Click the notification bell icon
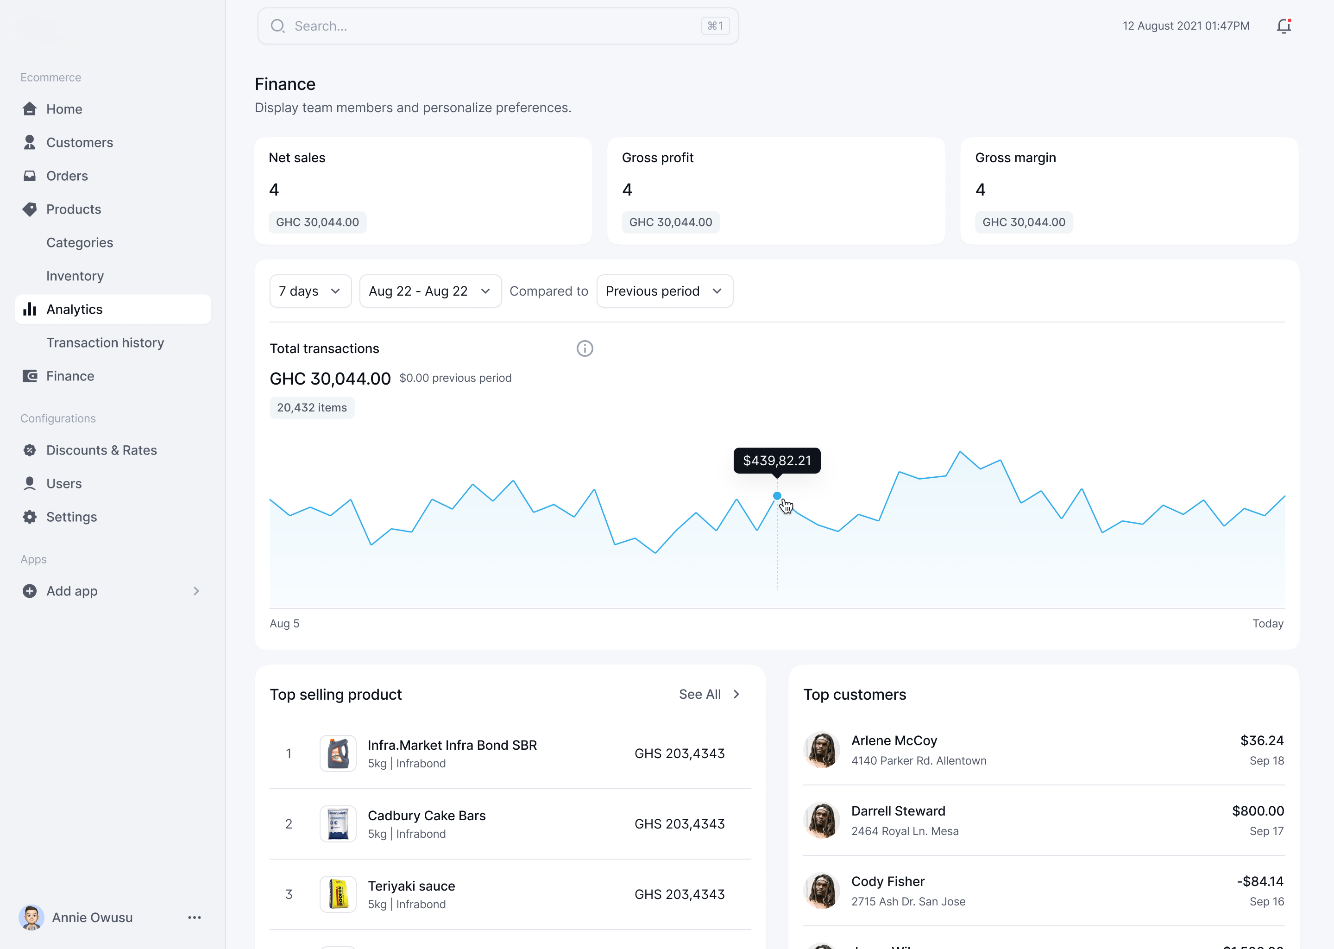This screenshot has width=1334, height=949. (1283, 26)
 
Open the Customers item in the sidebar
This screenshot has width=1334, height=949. (79, 143)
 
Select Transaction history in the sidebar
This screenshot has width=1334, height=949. (105, 343)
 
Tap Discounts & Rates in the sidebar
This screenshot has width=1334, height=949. (101, 450)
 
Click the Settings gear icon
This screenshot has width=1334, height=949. (30, 517)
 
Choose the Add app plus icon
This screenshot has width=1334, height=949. (30, 591)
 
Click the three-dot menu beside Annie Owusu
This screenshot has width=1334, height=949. (195, 917)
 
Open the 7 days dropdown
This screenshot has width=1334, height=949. (310, 291)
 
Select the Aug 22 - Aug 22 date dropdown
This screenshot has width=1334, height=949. (430, 291)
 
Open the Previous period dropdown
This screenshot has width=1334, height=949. (664, 291)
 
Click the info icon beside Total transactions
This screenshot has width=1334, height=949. (585, 349)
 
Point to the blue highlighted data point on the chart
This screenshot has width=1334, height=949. (777, 496)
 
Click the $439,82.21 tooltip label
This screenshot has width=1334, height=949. (777, 461)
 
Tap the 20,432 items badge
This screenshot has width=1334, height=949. (312, 408)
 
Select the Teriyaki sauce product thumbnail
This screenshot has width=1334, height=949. (338, 894)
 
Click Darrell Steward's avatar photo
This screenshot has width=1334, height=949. (821, 821)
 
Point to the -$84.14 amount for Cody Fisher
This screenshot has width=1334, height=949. (1260, 881)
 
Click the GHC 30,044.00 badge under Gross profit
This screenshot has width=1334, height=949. (671, 222)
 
